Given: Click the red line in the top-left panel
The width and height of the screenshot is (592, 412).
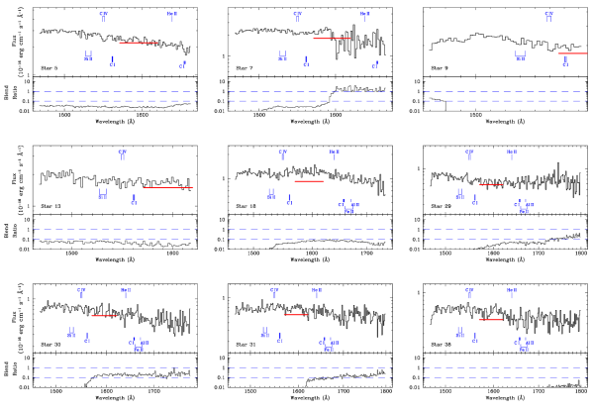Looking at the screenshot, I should point(139,43).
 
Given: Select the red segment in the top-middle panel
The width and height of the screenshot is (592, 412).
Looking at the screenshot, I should point(332,39).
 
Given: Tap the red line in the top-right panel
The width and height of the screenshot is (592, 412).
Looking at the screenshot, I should point(572,53).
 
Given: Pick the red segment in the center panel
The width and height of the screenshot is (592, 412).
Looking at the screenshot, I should point(309,181).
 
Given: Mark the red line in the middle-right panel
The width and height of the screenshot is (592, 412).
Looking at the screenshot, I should point(491,184).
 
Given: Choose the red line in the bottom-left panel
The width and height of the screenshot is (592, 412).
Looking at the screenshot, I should point(104,316).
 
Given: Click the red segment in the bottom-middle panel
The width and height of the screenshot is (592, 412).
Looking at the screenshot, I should point(295,315).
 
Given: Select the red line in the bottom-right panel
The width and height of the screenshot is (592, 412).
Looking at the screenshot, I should point(491,320).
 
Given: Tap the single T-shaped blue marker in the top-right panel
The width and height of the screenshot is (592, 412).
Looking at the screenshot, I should point(548,15).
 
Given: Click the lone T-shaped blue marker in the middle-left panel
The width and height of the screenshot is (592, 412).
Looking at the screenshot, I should point(122,154).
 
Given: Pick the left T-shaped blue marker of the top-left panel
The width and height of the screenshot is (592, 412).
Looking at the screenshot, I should point(103,15).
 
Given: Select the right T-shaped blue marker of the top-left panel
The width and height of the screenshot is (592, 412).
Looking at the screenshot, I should point(172,15).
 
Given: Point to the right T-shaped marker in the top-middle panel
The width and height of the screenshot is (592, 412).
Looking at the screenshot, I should point(365,15).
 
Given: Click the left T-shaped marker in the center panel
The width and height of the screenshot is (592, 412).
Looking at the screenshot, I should point(282,154).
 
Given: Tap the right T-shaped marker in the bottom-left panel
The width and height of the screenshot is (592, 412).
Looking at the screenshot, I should point(126,292).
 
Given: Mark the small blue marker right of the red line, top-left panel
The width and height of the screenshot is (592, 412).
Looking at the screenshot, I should point(183,65).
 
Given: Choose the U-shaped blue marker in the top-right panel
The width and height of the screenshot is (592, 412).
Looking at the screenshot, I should point(520,56).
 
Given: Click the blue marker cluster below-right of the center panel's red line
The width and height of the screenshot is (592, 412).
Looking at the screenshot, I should point(347,206).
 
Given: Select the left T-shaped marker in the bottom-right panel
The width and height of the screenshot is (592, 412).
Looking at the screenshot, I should point(469,292).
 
